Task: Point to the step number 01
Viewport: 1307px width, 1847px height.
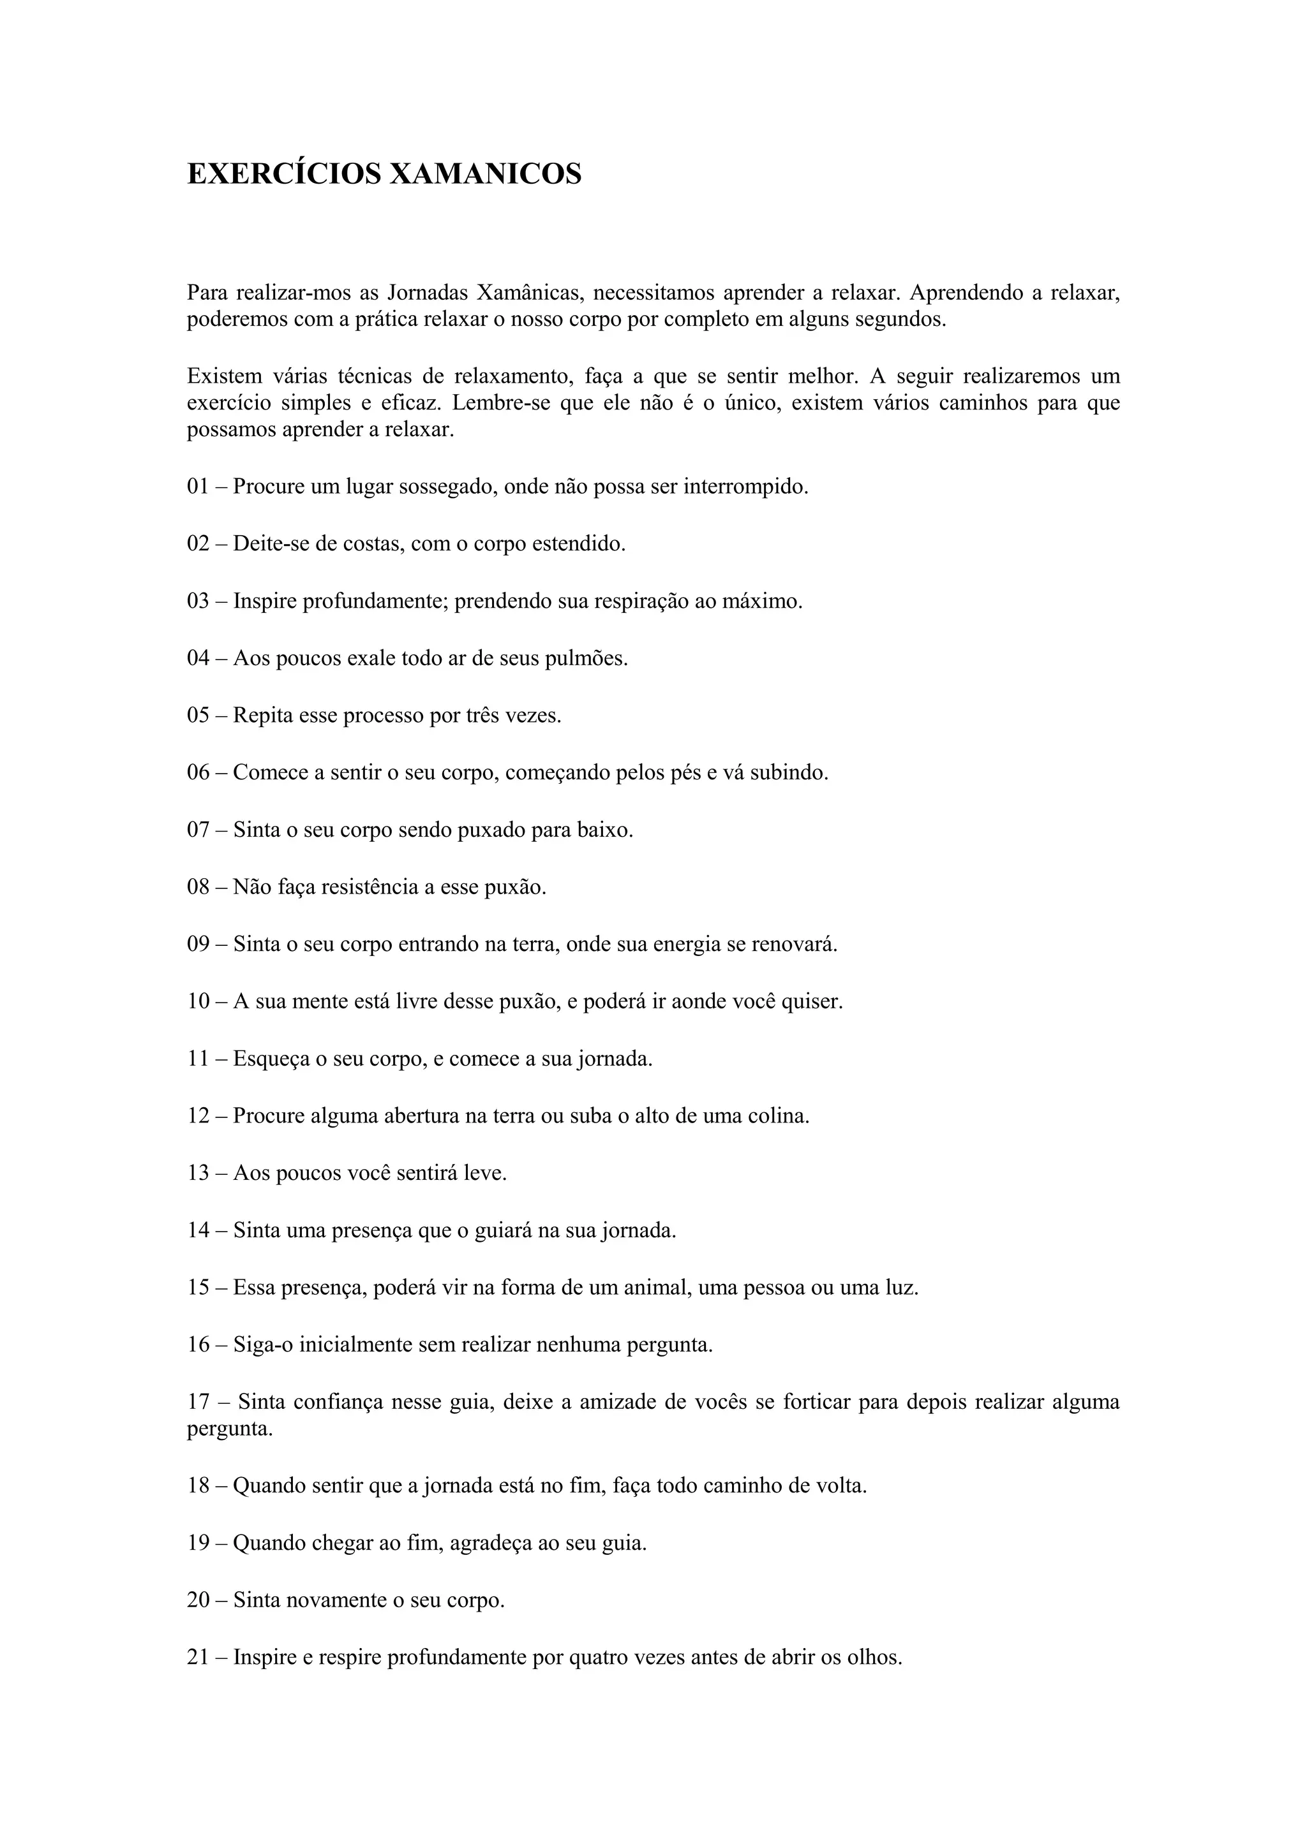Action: (198, 487)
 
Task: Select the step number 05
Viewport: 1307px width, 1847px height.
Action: (198, 715)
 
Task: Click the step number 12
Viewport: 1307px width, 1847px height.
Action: (198, 1115)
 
